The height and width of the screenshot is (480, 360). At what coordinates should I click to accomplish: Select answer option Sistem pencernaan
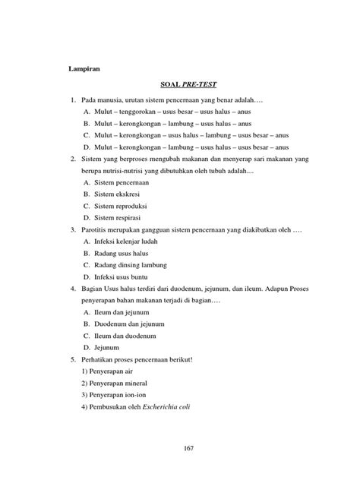(123, 183)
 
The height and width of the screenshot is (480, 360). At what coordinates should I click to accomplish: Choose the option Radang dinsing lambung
(134, 265)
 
